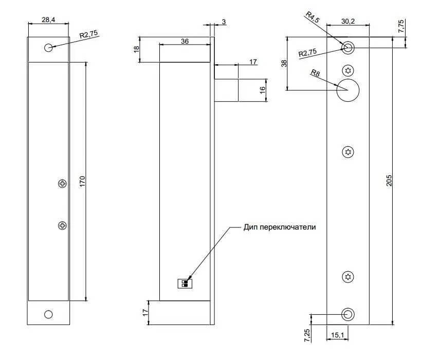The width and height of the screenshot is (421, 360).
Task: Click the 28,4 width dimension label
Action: (x=48, y=20)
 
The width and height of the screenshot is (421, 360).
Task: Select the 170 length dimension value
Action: (x=82, y=181)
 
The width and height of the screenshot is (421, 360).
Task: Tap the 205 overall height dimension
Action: (x=389, y=181)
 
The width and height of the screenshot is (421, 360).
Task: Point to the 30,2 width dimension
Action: (x=348, y=21)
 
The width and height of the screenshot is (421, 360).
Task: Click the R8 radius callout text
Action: (x=315, y=73)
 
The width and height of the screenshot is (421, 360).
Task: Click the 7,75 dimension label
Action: (x=401, y=26)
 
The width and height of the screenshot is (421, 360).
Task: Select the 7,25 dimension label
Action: (x=307, y=335)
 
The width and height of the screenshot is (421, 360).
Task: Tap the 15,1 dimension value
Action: (x=337, y=335)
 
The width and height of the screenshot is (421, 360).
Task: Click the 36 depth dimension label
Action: (x=185, y=41)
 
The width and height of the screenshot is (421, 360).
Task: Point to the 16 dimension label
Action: (x=262, y=89)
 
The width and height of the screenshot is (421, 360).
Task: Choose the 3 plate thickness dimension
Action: (x=224, y=22)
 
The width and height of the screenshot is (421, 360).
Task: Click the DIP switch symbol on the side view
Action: (x=185, y=283)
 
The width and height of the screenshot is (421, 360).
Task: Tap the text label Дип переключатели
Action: (x=280, y=227)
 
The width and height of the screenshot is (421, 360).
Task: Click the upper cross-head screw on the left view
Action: (x=62, y=184)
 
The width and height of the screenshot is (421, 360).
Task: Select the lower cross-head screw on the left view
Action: (x=62, y=225)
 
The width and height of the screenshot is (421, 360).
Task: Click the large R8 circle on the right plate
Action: (x=348, y=90)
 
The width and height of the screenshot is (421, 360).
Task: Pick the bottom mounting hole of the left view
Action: (x=48, y=314)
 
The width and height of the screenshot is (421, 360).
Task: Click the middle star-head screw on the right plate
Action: (x=348, y=152)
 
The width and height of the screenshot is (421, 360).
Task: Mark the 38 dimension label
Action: (x=284, y=63)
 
